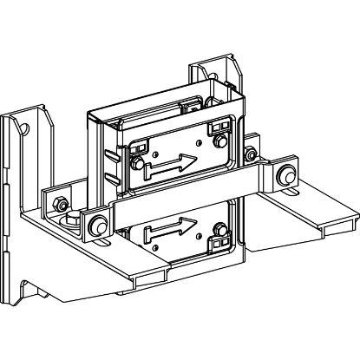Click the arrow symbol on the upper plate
(171, 161)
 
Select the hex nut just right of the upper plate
(251, 157)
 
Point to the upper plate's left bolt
(137, 161)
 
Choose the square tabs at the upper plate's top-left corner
(135, 146)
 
